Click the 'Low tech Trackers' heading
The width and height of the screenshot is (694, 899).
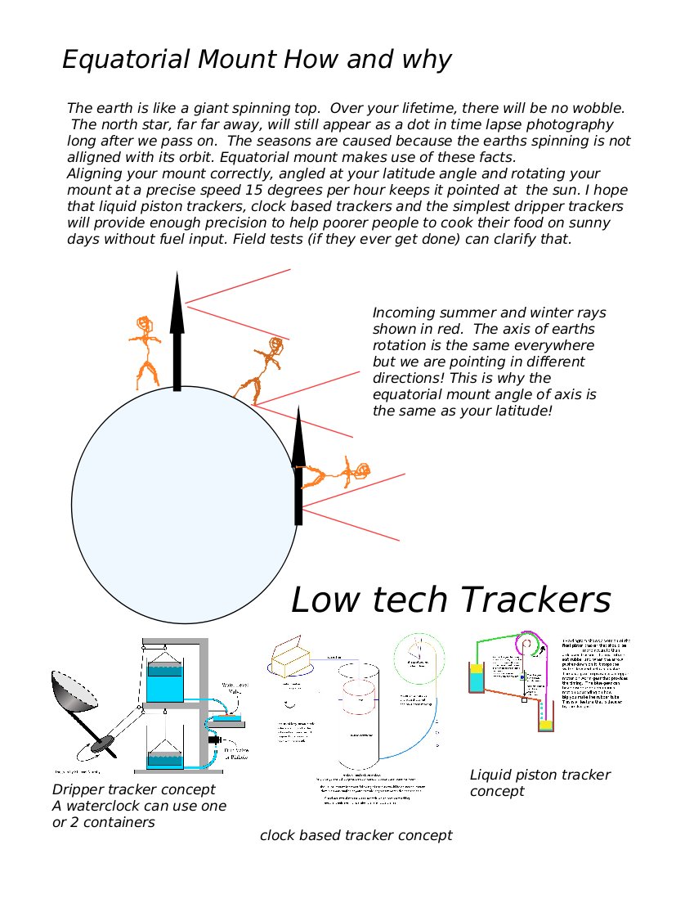click(450, 600)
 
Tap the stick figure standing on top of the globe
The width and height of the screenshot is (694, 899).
click(146, 352)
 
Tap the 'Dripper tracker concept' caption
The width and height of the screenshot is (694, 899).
click(134, 789)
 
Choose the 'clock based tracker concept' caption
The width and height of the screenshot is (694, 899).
click(356, 835)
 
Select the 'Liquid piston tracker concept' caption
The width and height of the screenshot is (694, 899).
click(540, 782)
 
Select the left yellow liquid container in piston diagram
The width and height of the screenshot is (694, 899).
click(476, 679)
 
